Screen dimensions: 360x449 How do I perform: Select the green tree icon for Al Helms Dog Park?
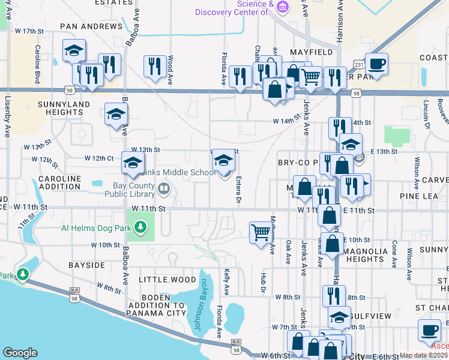140,227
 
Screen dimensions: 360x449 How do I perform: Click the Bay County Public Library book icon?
163,190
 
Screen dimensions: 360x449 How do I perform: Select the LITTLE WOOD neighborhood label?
167,280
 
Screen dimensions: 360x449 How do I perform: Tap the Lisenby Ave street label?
8,117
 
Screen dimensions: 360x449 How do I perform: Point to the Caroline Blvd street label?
37,64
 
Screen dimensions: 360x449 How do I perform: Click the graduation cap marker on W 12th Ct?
133,162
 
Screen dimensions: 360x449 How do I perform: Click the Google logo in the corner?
20,353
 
